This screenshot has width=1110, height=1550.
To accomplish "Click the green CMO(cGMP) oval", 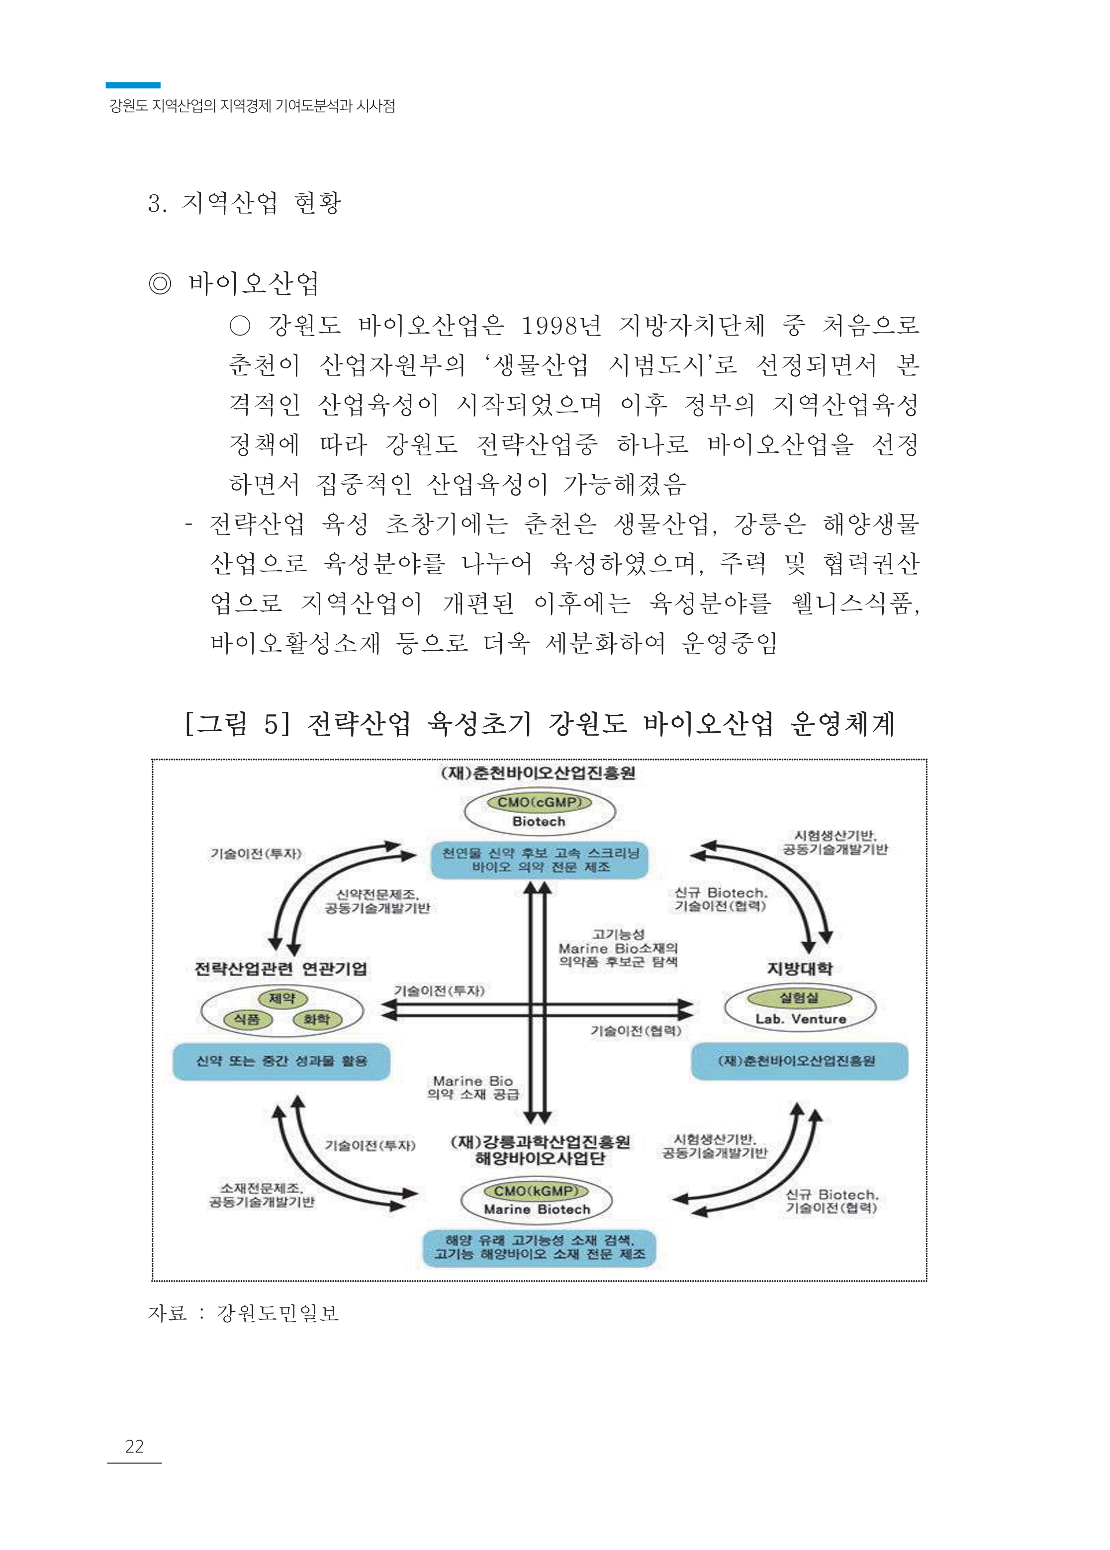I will (x=539, y=802).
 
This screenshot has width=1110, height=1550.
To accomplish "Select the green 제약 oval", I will (x=281, y=998).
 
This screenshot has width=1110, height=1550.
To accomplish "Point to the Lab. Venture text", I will (x=800, y=1019).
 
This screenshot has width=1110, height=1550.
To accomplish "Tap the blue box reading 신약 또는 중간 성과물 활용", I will (x=281, y=1061).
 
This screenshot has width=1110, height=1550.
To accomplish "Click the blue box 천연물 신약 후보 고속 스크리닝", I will (x=539, y=860).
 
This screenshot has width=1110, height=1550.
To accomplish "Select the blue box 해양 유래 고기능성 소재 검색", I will (x=539, y=1247).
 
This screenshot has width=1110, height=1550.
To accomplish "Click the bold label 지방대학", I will (x=800, y=969).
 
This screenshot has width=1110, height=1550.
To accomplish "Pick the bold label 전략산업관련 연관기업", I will (x=281, y=969).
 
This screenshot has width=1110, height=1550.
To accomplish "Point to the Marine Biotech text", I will (x=537, y=1209).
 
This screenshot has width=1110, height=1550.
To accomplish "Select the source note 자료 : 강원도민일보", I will (x=243, y=1313).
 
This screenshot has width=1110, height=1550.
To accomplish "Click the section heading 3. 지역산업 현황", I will (x=244, y=202).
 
